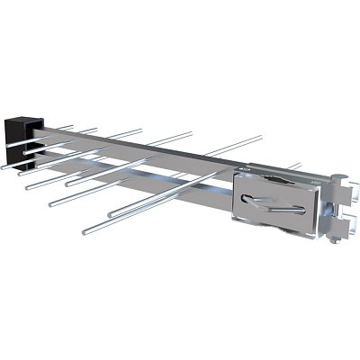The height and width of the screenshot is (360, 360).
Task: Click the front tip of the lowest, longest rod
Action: pos(84,232)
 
